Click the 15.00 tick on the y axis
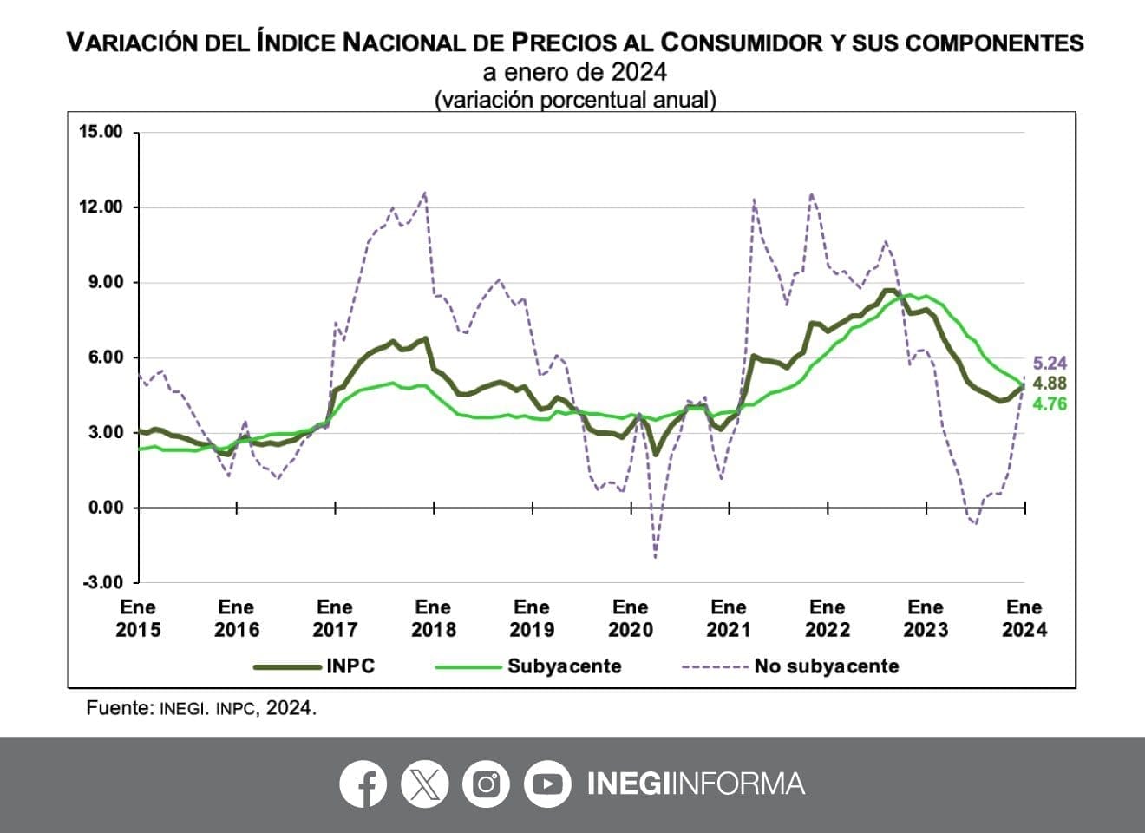[x=101, y=132]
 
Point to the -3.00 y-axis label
[x=102, y=582]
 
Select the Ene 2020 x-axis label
[x=630, y=618]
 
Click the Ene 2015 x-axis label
[x=138, y=618]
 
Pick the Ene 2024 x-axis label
[x=1024, y=618]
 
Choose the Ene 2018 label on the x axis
[x=433, y=618]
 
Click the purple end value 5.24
[x=1050, y=364]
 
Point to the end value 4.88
[x=1050, y=384]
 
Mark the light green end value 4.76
[x=1050, y=403]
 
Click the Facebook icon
[x=363, y=784]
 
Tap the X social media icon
[x=424, y=784]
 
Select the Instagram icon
[x=486, y=784]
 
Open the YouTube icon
[x=547, y=784]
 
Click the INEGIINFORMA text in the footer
[x=696, y=784]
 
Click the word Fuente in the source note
[x=120, y=708]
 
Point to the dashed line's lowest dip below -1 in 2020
[x=655, y=556]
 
